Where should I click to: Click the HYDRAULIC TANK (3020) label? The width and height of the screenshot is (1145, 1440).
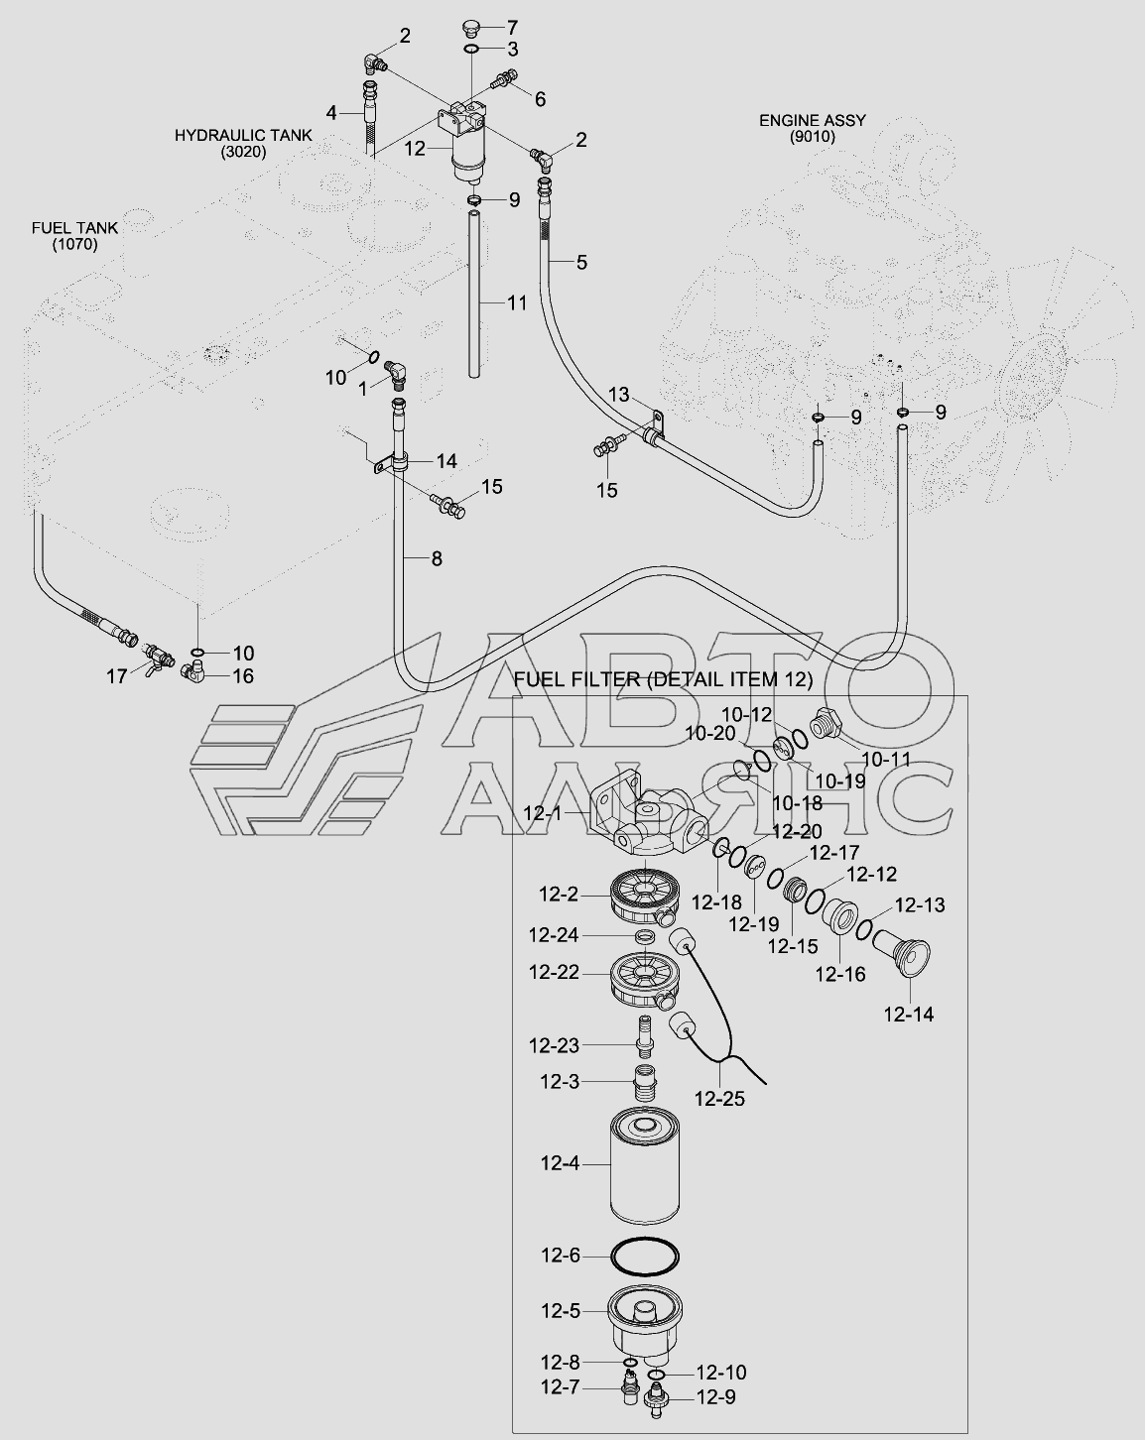pos(243,143)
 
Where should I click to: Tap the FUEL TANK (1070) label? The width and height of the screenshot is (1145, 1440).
pos(74,236)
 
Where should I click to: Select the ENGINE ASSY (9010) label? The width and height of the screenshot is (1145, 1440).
pos(813,128)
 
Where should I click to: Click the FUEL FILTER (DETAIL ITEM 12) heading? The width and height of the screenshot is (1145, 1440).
pos(664,679)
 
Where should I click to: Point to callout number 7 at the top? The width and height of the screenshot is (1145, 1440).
pos(512,26)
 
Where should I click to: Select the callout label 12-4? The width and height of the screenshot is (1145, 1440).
pos(560,1163)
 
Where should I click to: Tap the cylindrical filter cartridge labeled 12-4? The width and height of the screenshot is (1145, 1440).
pos(644,1166)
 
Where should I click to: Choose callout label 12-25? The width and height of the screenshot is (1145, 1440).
pos(719,1098)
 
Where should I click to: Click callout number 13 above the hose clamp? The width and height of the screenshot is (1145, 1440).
pos(618,395)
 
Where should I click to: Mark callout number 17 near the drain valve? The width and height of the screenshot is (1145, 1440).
pos(117,675)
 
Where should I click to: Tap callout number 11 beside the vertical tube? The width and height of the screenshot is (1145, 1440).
pos(517,302)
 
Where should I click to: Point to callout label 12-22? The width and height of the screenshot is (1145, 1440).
pos(554,973)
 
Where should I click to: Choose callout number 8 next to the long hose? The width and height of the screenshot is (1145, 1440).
pos(436,558)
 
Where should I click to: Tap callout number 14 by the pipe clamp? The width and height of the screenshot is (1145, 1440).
pos(445,460)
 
